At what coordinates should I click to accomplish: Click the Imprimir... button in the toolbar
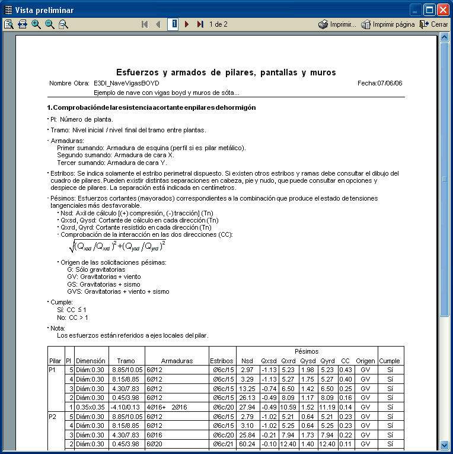(337, 24)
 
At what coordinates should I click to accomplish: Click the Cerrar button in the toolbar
(434, 24)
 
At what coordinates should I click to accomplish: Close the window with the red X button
(443, 9)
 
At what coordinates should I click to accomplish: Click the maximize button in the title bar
(429, 9)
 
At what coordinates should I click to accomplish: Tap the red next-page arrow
(187, 24)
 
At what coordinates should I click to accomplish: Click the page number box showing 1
(174, 24)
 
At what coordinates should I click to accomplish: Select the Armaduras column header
(177, 360)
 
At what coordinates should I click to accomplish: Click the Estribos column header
(222, 360)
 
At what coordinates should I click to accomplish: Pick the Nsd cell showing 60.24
(247, 443)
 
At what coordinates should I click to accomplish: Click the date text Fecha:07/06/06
(380, 83)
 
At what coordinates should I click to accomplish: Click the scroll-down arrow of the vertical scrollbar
(444, 445)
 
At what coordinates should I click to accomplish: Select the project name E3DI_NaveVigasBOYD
(126, 83)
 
